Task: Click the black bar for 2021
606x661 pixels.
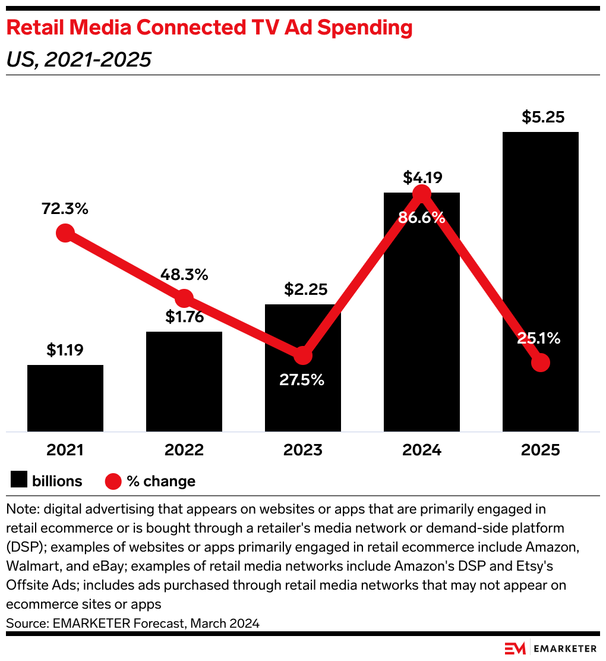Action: click(65, 398)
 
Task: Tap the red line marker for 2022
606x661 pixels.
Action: click(184, 298)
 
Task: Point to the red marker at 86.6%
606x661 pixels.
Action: click(421, 194)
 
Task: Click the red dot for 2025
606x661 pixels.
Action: click(540, 362)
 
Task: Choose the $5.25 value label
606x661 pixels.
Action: click(540, 118)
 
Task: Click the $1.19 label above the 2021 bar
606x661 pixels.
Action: click(65, 351)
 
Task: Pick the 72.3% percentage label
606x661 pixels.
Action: click(65, 209)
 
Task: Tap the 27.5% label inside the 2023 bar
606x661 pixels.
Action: click(302, 380)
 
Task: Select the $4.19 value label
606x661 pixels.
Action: click(422, 177)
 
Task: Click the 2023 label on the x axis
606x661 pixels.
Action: click(302, 450)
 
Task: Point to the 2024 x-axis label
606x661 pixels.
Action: click(421, 450)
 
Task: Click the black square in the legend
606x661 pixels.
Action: click(20, 480)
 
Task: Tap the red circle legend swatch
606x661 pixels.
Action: click(113, 481)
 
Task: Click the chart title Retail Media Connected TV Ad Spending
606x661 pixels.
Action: click(209, 28)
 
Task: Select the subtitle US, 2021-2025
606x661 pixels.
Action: click(78, 59)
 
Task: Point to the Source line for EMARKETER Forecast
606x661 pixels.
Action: click(132, 623)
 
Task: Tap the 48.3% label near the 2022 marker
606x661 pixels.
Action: click(184, 275)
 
